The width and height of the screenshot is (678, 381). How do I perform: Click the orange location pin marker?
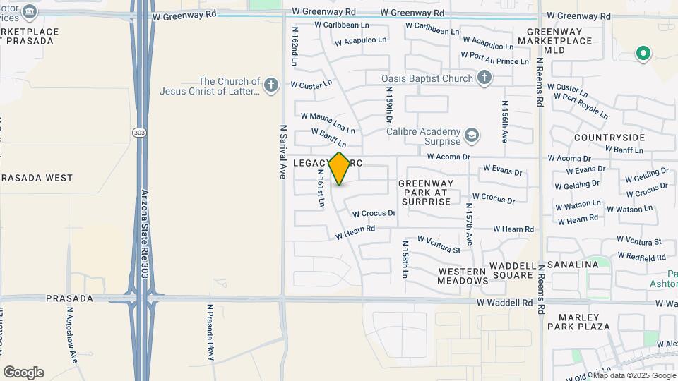(340, 168)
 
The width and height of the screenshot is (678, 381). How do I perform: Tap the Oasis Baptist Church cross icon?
(484, 78)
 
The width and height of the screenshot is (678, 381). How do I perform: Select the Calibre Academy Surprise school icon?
(470, 134)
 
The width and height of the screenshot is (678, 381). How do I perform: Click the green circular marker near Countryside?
(643, 53)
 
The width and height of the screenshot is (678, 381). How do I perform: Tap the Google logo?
(23, 372)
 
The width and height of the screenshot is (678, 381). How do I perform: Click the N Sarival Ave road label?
(282, 152)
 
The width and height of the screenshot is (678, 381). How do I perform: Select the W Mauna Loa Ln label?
(328, 121)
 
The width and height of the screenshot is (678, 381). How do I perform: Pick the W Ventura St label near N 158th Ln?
(439, 244)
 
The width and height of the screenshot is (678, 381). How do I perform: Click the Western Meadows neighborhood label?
(463, 276)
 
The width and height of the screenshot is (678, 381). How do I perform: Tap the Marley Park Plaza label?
(578, 322)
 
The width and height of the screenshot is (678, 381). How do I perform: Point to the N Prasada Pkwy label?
(210, 332)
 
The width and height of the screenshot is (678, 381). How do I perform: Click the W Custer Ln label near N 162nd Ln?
(311, 85)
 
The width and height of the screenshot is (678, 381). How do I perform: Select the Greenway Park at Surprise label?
(424, 192)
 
